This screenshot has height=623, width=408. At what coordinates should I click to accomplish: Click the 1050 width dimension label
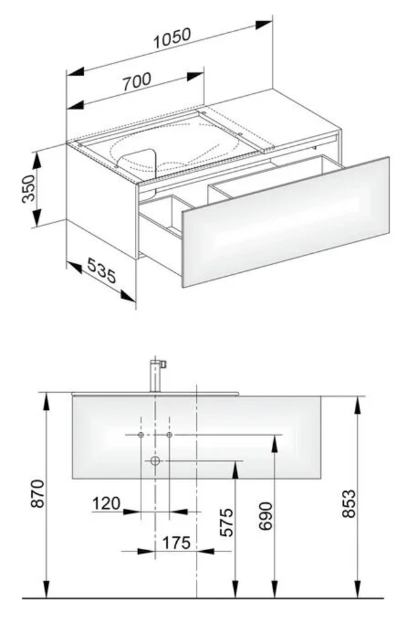coord(172,38)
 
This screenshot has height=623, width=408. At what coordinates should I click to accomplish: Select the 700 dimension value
coord(136,81)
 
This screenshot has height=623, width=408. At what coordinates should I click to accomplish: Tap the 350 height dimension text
coord(29,188)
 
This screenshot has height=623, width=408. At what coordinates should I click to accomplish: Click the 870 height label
coord(38,493)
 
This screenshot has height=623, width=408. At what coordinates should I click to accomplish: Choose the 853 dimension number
coord(349,504)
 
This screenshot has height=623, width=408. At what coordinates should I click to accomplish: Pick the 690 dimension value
coord(265,515)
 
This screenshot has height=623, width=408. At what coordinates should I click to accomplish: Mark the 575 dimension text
coord(227,522)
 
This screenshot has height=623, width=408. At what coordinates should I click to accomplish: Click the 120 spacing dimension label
coord(106,504)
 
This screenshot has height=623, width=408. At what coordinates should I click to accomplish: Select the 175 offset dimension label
coord(176,542)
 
